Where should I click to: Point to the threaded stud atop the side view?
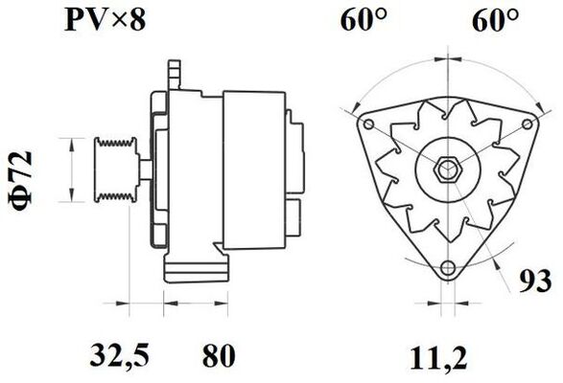click(x=174, y=72)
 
